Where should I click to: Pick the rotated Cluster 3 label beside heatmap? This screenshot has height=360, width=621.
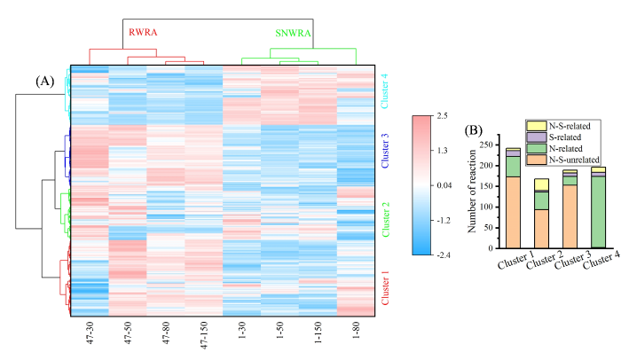coord(385,151)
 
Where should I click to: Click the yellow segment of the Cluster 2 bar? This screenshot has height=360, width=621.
coord(541,184)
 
